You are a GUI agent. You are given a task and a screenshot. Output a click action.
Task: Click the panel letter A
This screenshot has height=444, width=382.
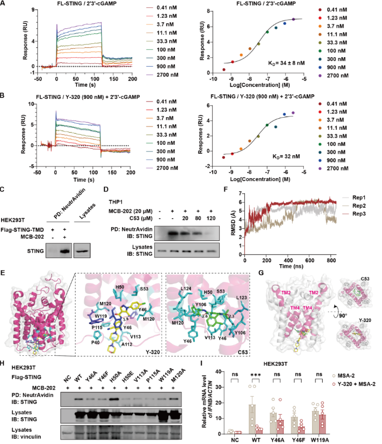4,4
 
